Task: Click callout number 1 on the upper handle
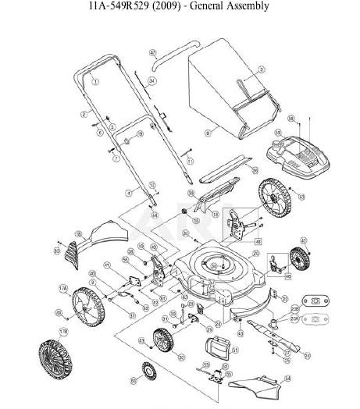click(x=94, y=80)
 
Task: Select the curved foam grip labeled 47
click(x=168, y=63)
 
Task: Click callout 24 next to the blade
click(x=307, y=356)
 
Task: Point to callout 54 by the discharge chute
click(x=287, y=378)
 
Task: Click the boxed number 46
click(x=288, y=276)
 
